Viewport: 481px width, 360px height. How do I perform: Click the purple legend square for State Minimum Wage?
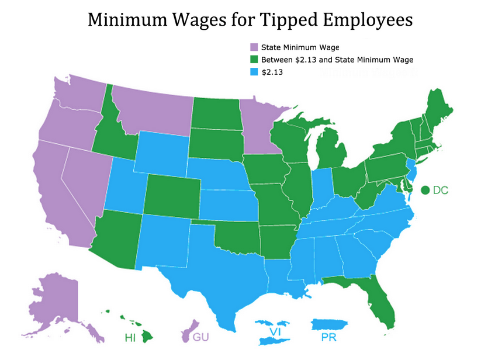[254, 47]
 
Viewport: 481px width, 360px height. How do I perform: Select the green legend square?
[254, 60]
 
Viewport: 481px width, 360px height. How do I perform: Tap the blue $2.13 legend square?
[254, 72]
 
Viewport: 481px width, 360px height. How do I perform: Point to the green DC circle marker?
[425, 190]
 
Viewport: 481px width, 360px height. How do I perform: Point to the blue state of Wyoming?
[162, 152]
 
